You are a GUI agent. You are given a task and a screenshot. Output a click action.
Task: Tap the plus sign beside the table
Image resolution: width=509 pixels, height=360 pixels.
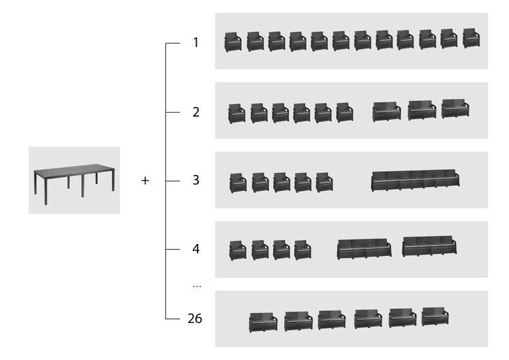(146, 180)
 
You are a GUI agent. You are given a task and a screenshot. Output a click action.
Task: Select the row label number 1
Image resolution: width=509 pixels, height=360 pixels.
(196, 43)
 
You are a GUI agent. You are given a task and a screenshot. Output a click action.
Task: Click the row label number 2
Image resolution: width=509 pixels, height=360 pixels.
(196, 112)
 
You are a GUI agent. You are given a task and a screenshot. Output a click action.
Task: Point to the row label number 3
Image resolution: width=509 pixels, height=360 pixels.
(196, 180)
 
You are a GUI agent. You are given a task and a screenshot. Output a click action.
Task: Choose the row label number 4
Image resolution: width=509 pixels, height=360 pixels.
(196, 249)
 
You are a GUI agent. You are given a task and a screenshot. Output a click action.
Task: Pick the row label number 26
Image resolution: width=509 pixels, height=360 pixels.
(195, 319)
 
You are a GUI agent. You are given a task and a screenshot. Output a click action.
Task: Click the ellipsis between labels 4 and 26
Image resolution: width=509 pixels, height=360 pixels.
(196, 285)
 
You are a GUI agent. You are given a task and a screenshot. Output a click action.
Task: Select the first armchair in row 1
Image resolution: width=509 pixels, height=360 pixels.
(233, 42)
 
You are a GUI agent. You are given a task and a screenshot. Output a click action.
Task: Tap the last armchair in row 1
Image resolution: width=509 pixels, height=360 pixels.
(471, 38)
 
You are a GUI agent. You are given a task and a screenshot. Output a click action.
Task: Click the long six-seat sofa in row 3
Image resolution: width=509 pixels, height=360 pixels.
(415, 180)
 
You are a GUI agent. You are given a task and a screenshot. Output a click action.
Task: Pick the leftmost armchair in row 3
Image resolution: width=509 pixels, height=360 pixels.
(238, 182)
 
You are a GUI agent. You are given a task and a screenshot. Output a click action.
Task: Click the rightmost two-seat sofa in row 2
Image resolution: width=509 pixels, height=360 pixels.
(455, 109)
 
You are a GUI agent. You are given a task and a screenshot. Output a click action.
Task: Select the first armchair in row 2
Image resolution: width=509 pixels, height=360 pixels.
(237, 113)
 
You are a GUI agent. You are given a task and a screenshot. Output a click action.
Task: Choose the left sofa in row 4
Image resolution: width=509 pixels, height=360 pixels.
(364, 249)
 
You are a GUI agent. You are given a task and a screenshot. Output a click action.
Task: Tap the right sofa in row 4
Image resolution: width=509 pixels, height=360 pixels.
(429, 246)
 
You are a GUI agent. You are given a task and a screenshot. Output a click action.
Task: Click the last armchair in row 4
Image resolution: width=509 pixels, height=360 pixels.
(302, 249)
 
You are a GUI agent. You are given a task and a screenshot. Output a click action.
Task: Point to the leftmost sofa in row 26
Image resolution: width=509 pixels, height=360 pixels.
(263, 322)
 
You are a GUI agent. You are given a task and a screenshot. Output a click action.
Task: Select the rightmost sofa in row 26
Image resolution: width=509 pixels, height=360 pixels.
(435, 316)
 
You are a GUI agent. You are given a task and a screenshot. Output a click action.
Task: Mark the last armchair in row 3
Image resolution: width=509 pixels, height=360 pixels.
(324, 182)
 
